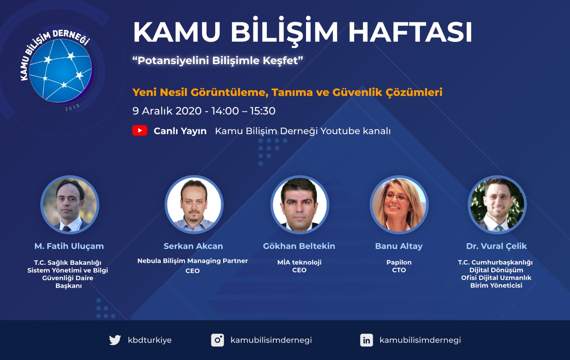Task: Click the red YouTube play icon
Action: click(140, 130)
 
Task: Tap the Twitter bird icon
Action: click(115, 340)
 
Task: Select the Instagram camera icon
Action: click(218, 340)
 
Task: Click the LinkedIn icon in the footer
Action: click(367, 340)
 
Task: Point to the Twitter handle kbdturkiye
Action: click(150, 340)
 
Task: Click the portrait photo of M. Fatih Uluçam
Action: click(70, 205)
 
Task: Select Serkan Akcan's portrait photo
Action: click(194, 205)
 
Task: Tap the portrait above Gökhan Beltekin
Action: click(300, 205)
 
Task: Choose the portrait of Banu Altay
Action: click(399, 205)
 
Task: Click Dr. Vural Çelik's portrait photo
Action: click(497, 205)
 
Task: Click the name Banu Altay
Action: click(399, 246)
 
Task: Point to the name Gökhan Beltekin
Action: click(299, 246)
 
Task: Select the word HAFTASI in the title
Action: click(410, 32)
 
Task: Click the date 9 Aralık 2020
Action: click(167, 111)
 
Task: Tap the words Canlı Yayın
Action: click(180, 131)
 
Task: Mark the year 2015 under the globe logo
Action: click(73, 107)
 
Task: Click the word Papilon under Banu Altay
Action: click(399, 262)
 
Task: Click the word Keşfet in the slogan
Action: click(283, 61)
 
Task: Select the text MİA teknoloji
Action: click(299, 262)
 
